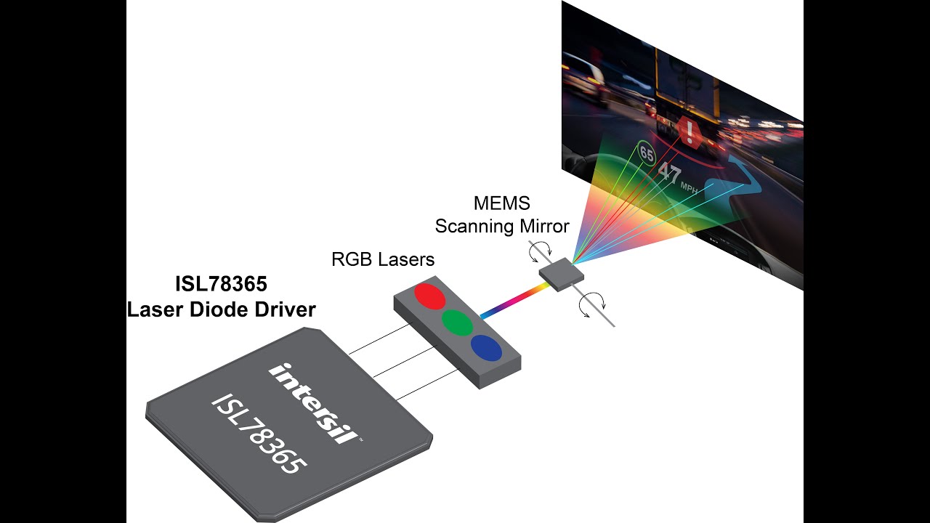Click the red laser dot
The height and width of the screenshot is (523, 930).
pos(429,296)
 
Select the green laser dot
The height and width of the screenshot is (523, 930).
pos(457,322)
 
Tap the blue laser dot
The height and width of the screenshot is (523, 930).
pos(486,347)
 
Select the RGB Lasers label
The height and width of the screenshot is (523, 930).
pos(383,259)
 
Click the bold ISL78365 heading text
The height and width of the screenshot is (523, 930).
pos(222,283)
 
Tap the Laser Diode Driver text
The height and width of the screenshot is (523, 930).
pos(222,309)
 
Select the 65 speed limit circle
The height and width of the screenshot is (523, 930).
pos(646,154)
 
